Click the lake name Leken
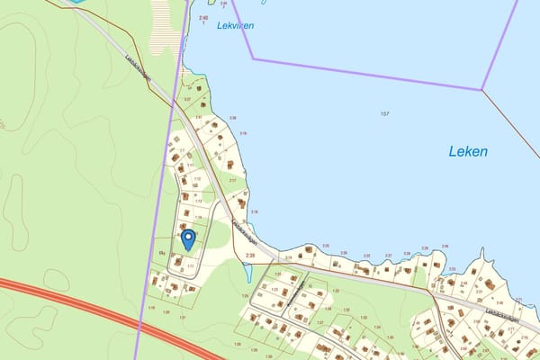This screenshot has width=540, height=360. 468,152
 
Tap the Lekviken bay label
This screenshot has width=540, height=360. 235,26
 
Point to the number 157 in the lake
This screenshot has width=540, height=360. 384,113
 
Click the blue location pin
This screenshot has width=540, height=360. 188,238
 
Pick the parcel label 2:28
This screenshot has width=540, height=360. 250,256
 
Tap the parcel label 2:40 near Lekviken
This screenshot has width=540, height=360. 202,18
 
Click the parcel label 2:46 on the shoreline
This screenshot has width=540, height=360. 445,247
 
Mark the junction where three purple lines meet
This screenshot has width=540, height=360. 481,89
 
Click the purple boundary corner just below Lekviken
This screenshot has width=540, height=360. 253,59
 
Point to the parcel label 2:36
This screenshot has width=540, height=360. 233,118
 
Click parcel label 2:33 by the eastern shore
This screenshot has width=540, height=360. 451,268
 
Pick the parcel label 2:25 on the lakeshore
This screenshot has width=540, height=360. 326,246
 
